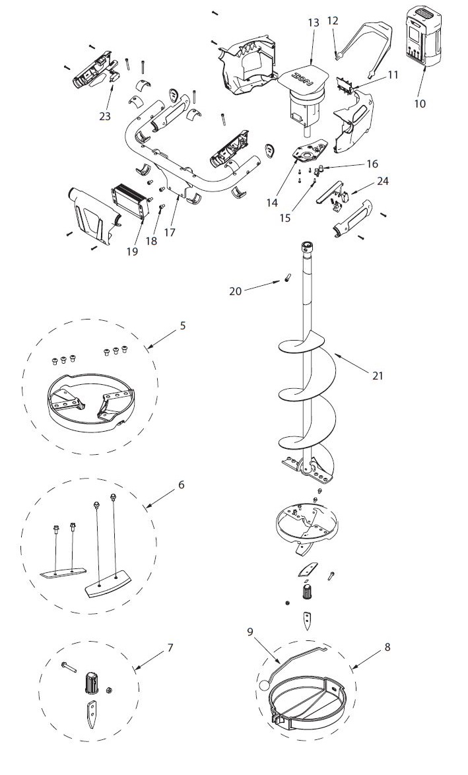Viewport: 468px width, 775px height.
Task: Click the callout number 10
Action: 420,104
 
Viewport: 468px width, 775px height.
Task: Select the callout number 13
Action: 314,23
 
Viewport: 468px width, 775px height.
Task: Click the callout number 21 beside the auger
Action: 377,376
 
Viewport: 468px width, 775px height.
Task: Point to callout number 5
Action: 183,325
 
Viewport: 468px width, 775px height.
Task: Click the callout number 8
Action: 181,484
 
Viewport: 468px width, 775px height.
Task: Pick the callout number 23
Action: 170,648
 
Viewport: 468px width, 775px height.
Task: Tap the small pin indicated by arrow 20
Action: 387,647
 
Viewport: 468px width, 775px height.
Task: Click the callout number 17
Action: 250,631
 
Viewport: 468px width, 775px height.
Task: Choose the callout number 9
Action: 250,631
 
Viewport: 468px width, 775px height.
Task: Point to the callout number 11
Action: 393,75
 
